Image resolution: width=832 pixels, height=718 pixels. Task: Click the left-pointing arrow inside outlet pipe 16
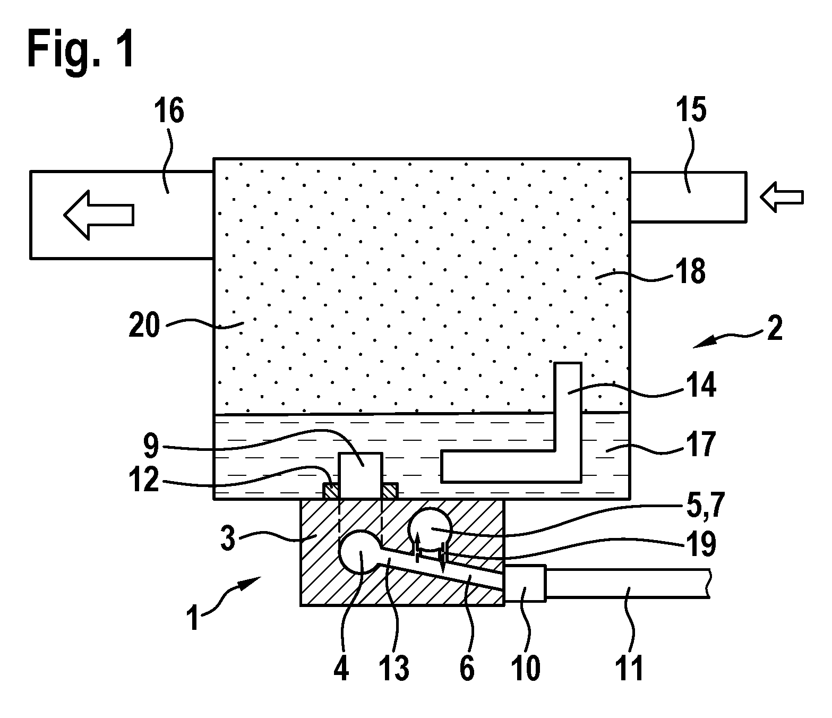point(99,215)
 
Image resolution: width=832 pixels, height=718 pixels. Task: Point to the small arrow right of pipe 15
point(782,197)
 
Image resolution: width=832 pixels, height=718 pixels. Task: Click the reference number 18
point(691,271)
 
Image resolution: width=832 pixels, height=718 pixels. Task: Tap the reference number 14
point(701,384)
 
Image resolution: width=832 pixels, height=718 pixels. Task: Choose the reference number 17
point(701,443)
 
